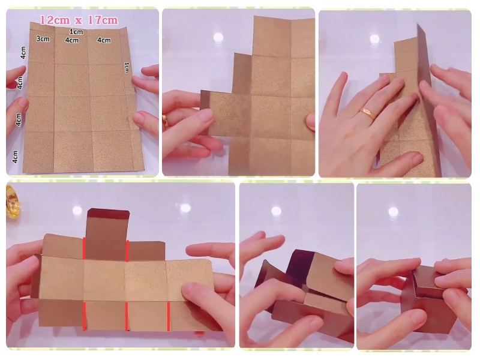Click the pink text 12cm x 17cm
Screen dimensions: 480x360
click(x=79, y=20)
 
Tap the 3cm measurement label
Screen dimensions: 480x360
click(x=43, y=39)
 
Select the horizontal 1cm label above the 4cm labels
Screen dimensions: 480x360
click(x=76, y=32)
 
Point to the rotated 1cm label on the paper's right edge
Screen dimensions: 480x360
click(x=127, y=67)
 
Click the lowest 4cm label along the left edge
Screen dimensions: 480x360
click(x=16, y=157)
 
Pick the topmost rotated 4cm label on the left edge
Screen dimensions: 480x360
click(x=23, y=53)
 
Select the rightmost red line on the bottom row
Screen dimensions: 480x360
click(x=169, y=317)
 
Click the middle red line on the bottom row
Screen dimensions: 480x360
click(x=127, y=316)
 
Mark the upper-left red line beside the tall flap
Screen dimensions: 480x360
click(x=84, y=248)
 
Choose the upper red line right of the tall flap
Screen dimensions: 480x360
click(x=127, y=251)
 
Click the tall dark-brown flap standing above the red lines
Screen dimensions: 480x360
click(x=107, y=234)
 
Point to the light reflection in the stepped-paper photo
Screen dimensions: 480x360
click(x=218, y=37)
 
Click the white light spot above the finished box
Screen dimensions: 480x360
click(x=394, y=212)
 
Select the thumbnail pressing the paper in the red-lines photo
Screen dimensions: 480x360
click(x=189, y=289)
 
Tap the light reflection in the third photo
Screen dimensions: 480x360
click(x=374, y=39)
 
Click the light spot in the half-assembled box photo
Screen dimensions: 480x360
click(x=276, y=211)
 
